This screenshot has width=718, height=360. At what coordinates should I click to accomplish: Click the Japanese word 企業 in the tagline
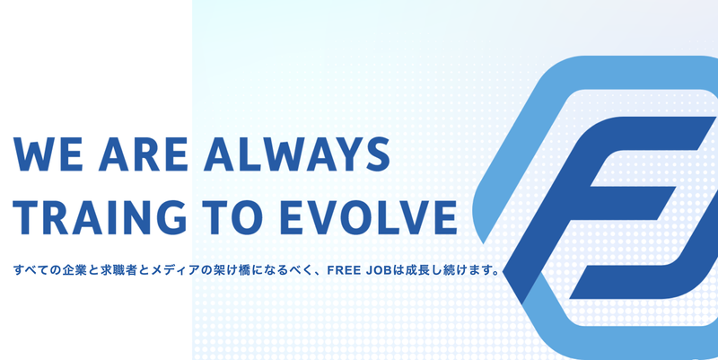78,269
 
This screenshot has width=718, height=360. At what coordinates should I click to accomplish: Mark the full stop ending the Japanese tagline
496,273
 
